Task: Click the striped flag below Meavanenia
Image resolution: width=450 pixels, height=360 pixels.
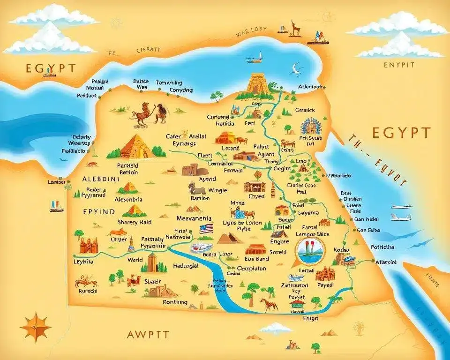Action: click(x=206, y=229)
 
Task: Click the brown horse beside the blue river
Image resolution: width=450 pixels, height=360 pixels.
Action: click(x=269, y=304)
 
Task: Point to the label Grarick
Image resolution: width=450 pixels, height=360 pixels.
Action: click(x=305, y=110)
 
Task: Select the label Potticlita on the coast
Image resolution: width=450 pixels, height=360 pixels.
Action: click(x=382, y=247)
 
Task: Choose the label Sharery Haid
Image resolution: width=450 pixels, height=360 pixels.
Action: click(x=134, y=222)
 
